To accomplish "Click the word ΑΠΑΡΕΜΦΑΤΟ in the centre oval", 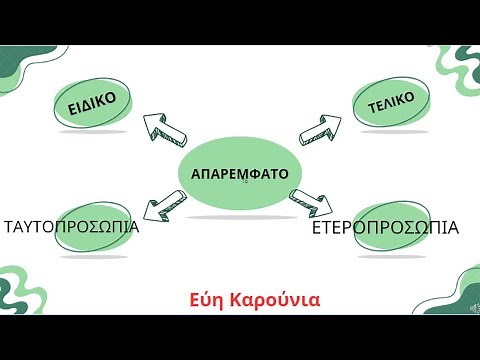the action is pos(239,173).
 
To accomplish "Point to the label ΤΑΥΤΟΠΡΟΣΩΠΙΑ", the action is pos(71,227).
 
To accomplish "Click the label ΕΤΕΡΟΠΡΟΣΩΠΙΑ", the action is pos(385,227).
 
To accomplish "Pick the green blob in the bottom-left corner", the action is pos(22,292).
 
